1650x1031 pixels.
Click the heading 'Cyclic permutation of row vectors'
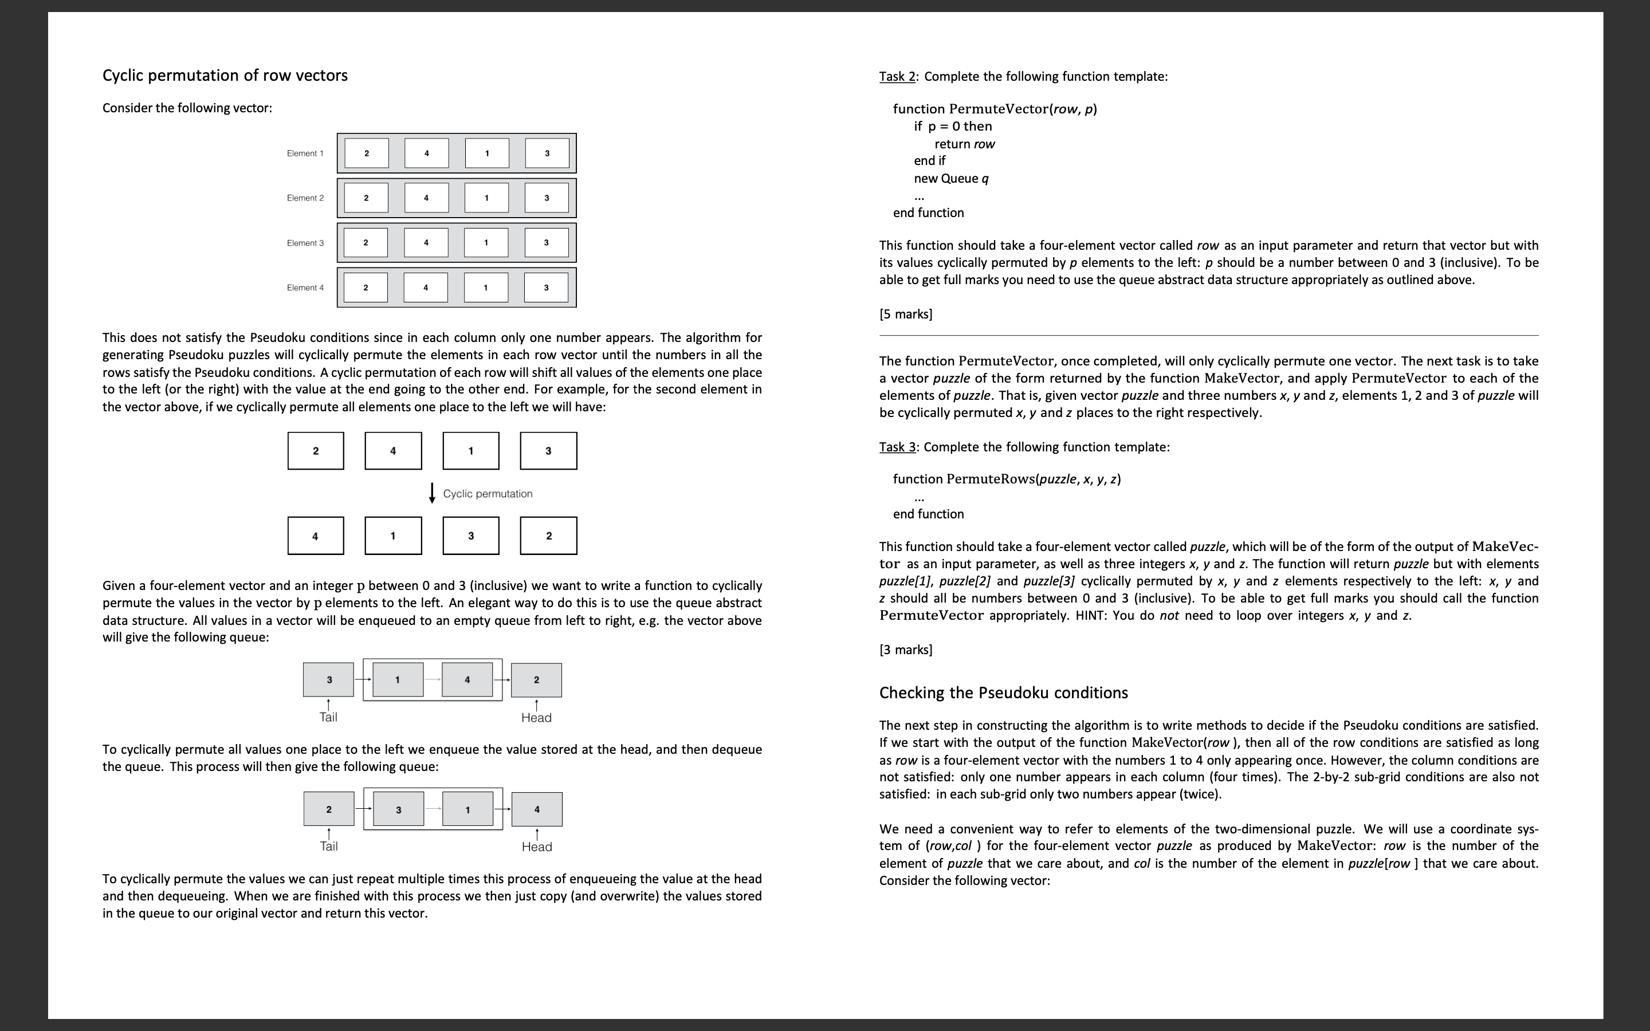click(x=225, y=75)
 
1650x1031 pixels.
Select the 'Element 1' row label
click(x=305, y=154)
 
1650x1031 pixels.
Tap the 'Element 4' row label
click(x=305, y=288)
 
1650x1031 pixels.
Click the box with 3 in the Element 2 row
click(x=546, y=198)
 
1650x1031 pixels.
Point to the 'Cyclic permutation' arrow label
click(x=488, y=494)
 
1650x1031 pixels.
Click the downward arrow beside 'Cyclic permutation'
click(x=431, y=493)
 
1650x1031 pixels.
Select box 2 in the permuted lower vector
click(x=548, y=536)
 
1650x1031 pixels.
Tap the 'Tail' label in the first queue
click(x=328, y=717)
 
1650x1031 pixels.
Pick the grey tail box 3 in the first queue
click(x=329, y=680)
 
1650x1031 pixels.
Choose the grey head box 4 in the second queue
click(x=537, y=809)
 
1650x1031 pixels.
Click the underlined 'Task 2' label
click(x=897, y=76)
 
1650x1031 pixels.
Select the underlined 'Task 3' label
click(x=897, y=447)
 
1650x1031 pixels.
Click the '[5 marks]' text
click(x=905, y=314)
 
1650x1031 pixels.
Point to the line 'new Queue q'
click(x=951, y=178)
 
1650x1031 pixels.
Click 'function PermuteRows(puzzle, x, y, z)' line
click(x=1007, y=479)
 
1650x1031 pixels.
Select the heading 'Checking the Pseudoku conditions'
click(x=1003, y=693)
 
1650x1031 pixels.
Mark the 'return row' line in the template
click(x=964, y=144)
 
